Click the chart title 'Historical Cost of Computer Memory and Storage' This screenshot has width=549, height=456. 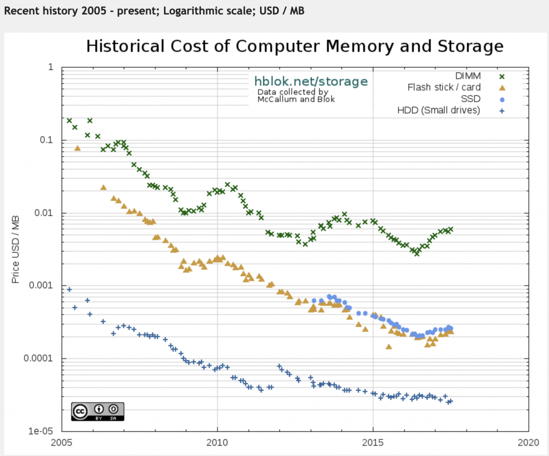coord(295,46)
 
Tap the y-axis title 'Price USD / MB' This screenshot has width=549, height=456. coord(16,250)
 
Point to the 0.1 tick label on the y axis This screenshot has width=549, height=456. coord(46,140)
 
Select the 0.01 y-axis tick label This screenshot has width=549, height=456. coord(44,213)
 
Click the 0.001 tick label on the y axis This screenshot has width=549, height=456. coord(41,285)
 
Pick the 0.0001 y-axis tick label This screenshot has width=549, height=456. coord(39,358)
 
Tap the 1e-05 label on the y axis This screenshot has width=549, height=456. coord(41,431)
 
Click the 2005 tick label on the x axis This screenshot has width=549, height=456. coord(62,443)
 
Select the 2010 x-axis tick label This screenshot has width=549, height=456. coord(217,443)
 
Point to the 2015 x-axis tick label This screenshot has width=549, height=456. coord(373,443)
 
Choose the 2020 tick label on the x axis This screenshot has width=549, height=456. coord(528,443)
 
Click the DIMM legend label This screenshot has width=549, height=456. coord(468,76)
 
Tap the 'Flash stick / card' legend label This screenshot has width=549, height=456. coord(444,87)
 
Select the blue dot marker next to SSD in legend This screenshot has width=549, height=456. coord(502,100)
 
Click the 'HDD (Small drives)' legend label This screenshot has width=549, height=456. coord(439,110)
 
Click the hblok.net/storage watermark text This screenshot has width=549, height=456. coord(311,81)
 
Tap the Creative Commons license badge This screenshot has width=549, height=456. coord(98,412)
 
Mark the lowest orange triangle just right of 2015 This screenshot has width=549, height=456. coord(389,347)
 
